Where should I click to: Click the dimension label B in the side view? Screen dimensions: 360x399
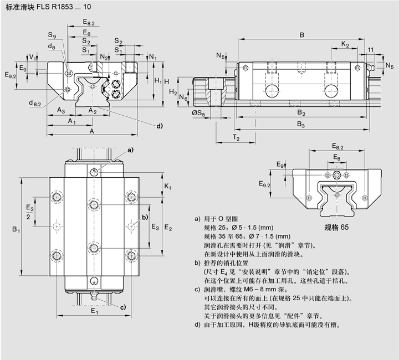click(x=301, y=35)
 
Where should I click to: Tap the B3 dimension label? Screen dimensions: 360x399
click(x=301, y=125)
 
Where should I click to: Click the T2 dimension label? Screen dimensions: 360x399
click(x=236, y=137)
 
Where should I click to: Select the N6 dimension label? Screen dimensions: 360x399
click(x=184, y=98)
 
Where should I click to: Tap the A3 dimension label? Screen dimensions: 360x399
click(x=62, y=110)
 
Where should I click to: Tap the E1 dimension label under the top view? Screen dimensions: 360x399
click(x=95, y=312)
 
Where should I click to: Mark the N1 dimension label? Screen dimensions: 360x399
click(x=153, y=57)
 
